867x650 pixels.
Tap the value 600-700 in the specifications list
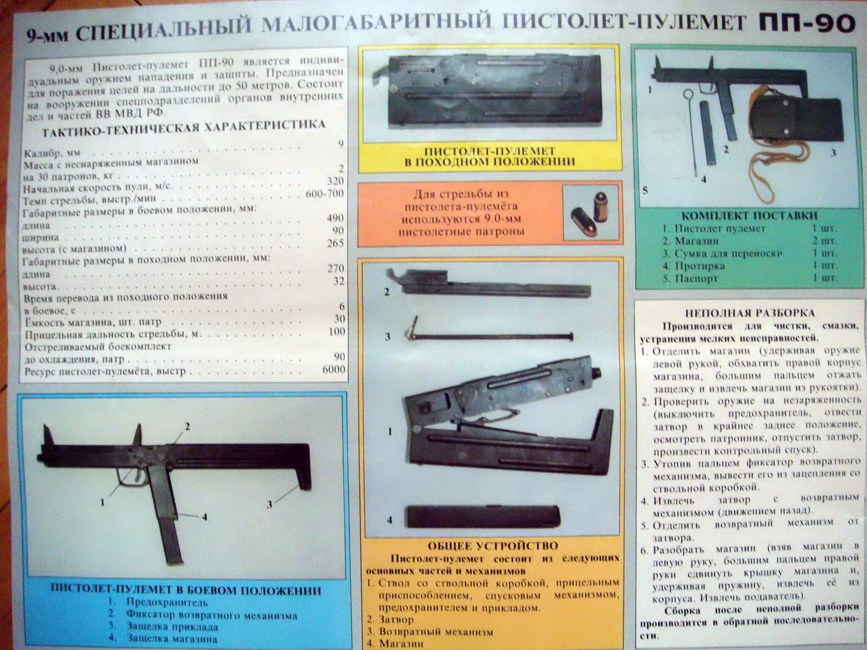click(x=325, y=194)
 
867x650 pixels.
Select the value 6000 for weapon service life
click(x=334, y=369)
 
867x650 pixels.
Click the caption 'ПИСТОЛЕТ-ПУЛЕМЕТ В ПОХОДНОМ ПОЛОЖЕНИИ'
click(x=490, y=157)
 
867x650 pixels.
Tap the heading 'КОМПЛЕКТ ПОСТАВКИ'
click(x=749, y=215)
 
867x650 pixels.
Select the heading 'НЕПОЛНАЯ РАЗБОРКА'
click(x=749, y=313)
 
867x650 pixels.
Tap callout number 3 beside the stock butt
click(x=269, y=504)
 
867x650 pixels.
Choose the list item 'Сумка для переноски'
click(x=728, y=253)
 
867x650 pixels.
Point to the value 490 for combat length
click(x=335, y=218)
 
